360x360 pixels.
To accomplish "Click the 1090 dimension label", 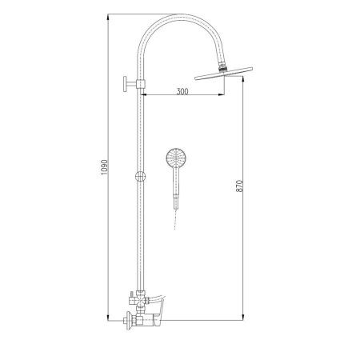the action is coord(104,167).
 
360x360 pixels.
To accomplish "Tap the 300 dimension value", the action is coord(182,91).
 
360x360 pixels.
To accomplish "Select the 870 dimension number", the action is coord(239,186).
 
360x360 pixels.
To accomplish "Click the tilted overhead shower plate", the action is coord(223,74).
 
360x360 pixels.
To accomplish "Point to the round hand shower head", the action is coord(174,157).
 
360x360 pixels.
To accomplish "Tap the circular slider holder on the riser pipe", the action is coord(140,177).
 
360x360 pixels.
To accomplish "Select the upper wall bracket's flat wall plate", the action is coord(125,84).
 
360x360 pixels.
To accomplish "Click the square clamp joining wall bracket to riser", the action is coord(141,84).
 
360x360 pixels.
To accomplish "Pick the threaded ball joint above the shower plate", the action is coord(222,66).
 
